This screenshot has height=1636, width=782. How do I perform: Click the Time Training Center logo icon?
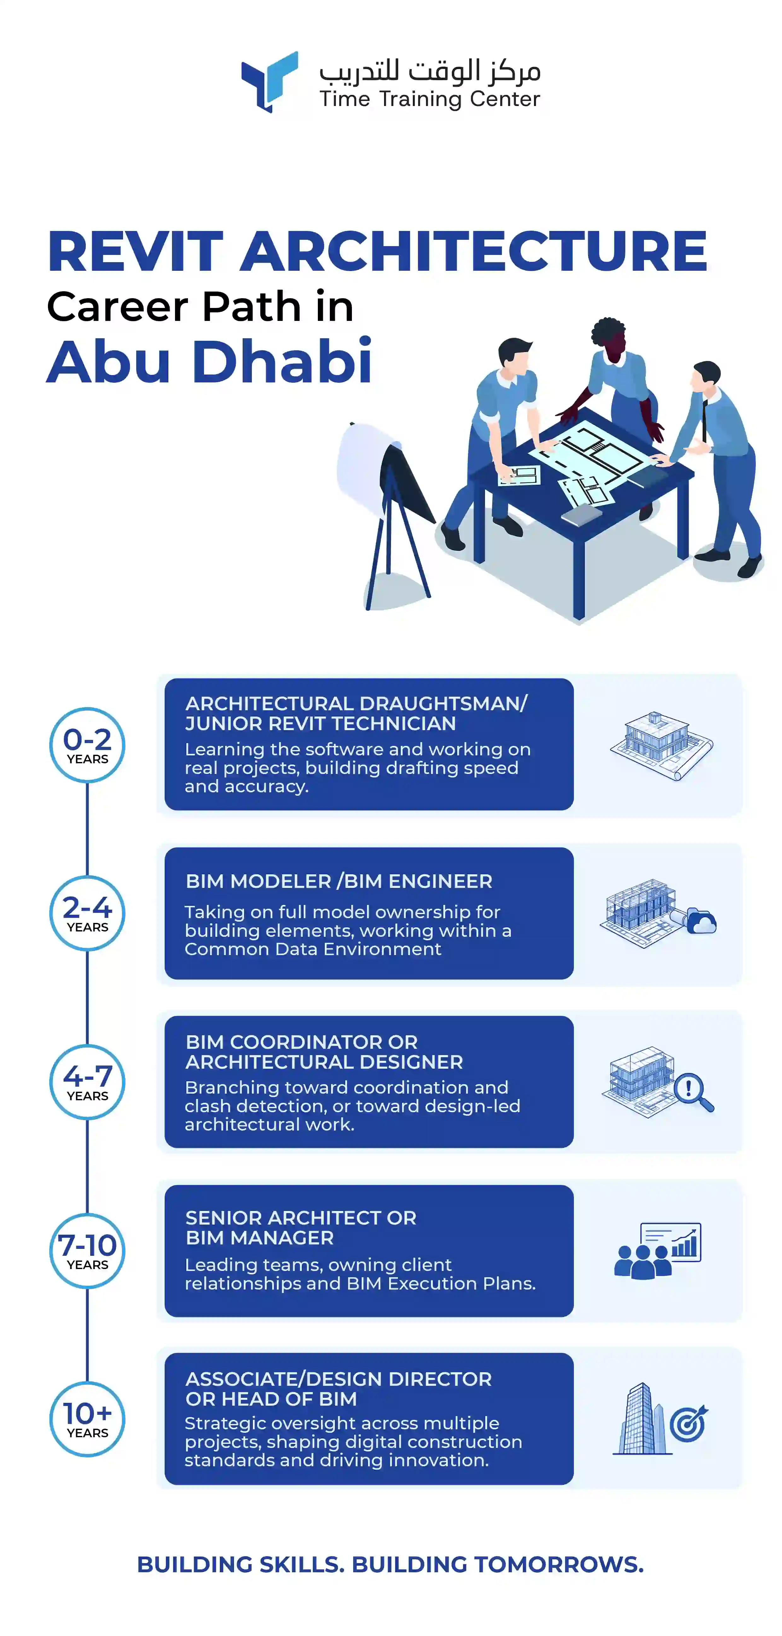tap(270, 81)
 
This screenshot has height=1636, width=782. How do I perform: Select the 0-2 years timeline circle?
tap(88, 745)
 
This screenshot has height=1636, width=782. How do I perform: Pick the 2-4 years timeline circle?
tap(88, 913)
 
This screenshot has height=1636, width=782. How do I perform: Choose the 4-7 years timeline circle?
tap(88, 1082)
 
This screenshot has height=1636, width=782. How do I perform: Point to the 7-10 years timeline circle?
tap(88, 1250)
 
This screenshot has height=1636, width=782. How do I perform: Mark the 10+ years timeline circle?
tap(88, 1420)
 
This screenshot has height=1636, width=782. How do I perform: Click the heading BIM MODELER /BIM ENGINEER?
tap(339, 882)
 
